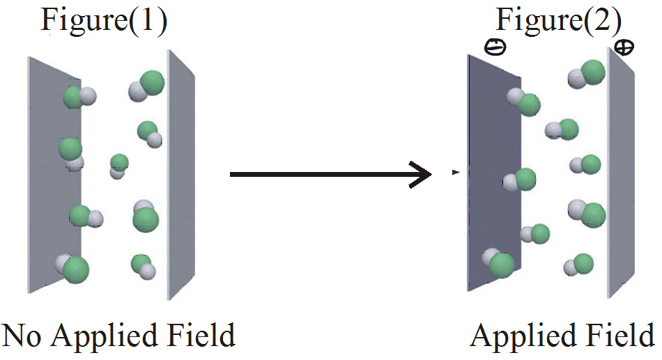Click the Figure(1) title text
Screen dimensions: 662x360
click(104, 20)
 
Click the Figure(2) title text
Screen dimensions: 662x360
click(558, 20)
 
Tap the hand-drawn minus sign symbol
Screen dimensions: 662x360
click(495, 47)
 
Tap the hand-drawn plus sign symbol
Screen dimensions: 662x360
click(624, 47)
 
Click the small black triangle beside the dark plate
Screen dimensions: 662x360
click(456, 172)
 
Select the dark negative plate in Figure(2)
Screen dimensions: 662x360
click(494, 173)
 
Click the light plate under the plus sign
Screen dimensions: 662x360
click(621, 173)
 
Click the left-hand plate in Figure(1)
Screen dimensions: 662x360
click(54, 175)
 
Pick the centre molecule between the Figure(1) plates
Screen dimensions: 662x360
click(118, 166)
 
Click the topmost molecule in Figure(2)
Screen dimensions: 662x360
click(587, 74)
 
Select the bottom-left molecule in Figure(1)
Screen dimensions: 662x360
click(72, 268)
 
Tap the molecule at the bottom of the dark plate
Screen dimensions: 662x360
click(498, 263)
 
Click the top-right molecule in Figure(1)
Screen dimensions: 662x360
click(146, 86)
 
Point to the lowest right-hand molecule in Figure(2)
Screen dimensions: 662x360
click(578, 264)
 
